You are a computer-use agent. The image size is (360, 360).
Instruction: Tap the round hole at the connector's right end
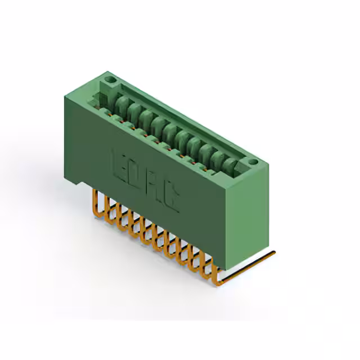(x=253, y=162)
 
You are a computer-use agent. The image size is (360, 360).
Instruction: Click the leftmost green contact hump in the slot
(x=123, y=102)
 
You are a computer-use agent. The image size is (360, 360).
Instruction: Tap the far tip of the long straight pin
(x=274, y=253)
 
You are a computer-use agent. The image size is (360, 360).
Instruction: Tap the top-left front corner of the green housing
(x=66, y=96)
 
